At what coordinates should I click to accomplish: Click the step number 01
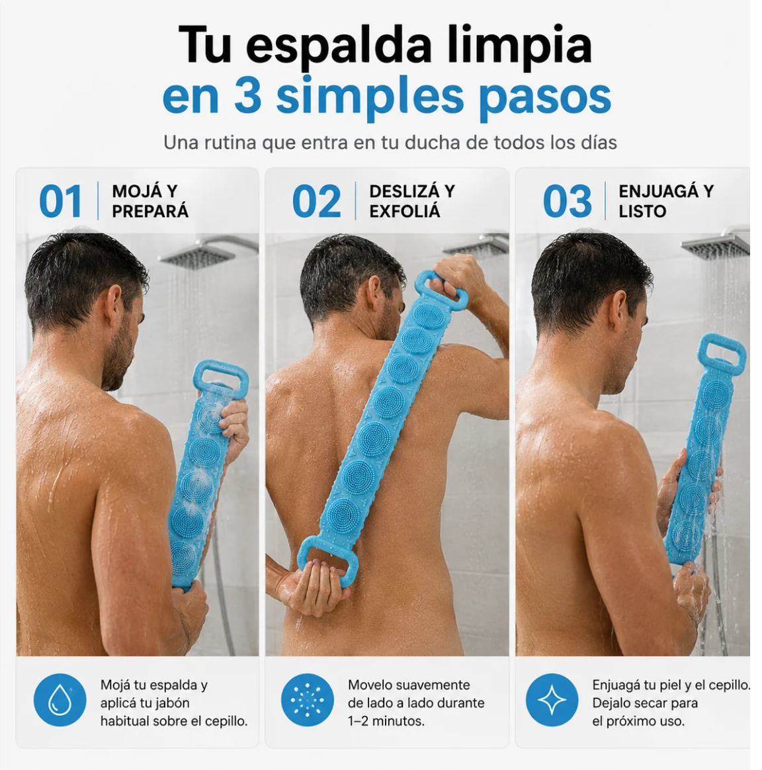60,201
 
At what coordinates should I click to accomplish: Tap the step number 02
316,201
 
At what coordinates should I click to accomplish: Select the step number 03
567,201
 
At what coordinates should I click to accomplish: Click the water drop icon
60,700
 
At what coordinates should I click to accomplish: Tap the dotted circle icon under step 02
308,700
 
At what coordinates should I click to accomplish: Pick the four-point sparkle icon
552,700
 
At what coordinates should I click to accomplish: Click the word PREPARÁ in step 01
150,212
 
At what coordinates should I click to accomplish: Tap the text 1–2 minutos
386,722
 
